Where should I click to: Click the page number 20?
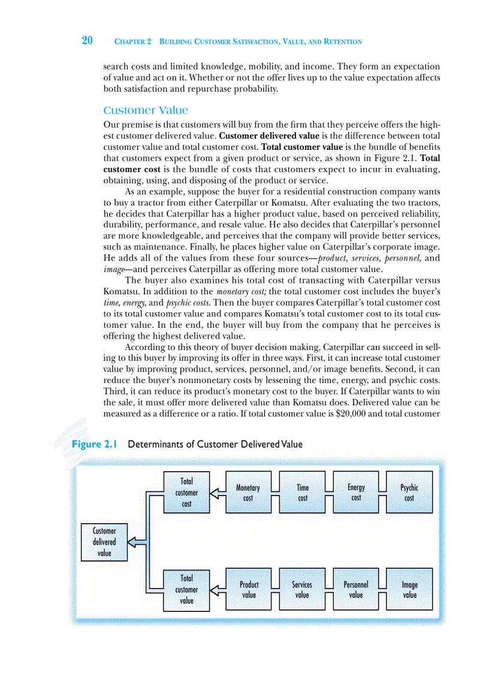(x=87, y=41)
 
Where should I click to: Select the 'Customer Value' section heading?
(x=146, y=110)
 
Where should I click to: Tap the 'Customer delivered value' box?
(x=104, y=542)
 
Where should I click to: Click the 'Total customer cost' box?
(x=186, y=493)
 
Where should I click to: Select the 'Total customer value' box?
(x=186, y=589)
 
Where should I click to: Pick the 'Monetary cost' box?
(x=248, y=493)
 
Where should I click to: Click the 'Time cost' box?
(x=303, y=493)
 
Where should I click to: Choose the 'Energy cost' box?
(x=356, y=493)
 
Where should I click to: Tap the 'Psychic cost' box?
(x=409, y=493)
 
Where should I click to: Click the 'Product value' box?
(x=249, y=589)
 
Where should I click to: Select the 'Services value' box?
(x=302, y=589)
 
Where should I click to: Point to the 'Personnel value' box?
(x=356, y=589)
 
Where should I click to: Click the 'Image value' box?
(x=410, y=589)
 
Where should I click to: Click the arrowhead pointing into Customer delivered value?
(x=133, y=542)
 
